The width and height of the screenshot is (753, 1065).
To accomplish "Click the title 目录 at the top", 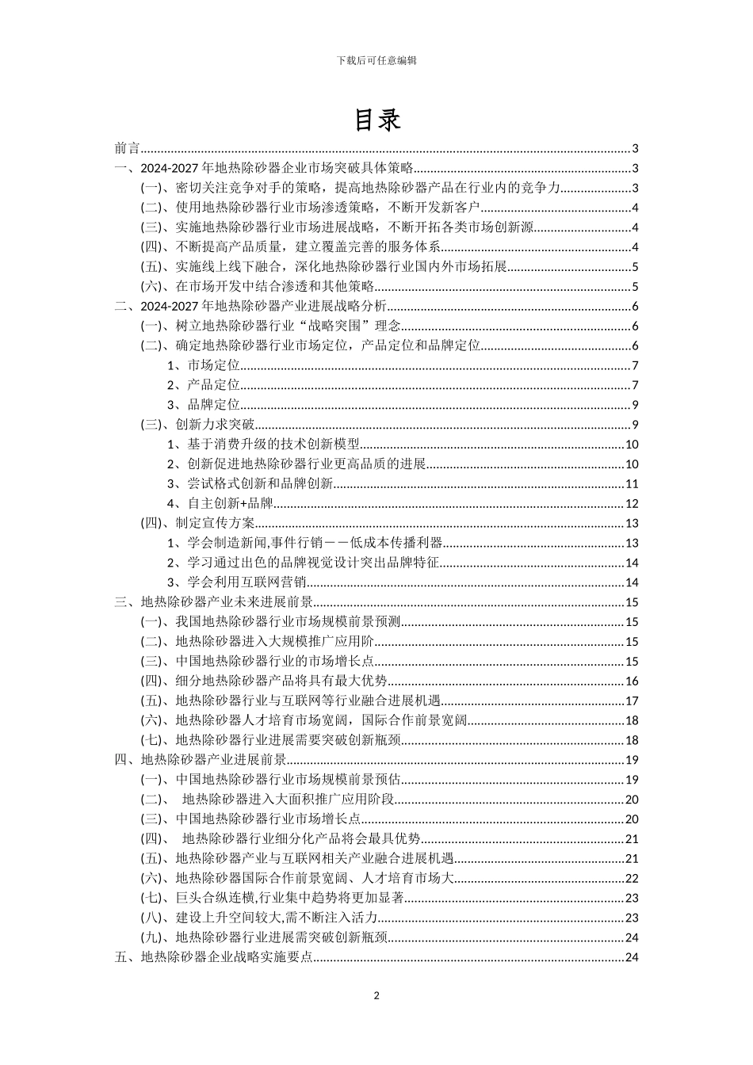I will point(376,120).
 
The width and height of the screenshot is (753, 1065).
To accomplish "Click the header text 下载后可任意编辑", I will point(376,60).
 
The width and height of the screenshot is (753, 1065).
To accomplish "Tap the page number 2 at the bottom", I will point(376,995).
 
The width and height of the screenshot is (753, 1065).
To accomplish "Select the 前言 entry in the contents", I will point(127,148).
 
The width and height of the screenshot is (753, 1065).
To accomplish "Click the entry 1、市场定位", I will point(204,365).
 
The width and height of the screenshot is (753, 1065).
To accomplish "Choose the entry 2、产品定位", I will point(204,385).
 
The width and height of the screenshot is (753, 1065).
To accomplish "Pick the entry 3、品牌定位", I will point(204,405).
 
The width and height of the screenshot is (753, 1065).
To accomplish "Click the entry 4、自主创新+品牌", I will point(220,503).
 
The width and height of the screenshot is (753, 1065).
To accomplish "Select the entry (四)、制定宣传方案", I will point(197,523).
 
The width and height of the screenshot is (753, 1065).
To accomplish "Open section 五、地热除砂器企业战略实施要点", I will point(213,957).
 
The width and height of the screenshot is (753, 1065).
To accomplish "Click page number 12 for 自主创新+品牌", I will point(632,503).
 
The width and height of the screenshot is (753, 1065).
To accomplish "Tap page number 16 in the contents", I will point(632,681).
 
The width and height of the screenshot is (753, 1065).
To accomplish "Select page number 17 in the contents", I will point(632,700).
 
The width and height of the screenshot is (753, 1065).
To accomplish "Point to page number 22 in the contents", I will point(632,878).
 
